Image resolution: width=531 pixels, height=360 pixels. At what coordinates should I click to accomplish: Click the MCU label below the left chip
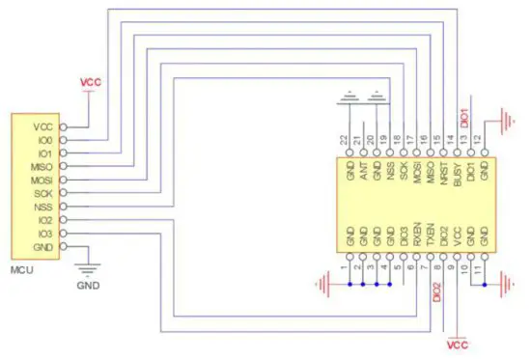pos(21,268)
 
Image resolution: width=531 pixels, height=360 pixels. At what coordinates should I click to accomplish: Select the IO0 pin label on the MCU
pos(42,141)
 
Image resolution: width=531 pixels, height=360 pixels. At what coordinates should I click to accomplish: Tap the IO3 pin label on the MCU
pos(42,234)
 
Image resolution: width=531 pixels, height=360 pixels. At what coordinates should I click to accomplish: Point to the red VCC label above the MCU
pos(90,82)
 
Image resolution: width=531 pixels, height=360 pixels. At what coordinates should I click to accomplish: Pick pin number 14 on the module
pos(451,141)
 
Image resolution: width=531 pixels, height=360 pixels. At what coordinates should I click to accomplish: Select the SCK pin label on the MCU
pos(42,193)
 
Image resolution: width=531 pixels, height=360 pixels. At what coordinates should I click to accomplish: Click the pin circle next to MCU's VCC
pos(64,126)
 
